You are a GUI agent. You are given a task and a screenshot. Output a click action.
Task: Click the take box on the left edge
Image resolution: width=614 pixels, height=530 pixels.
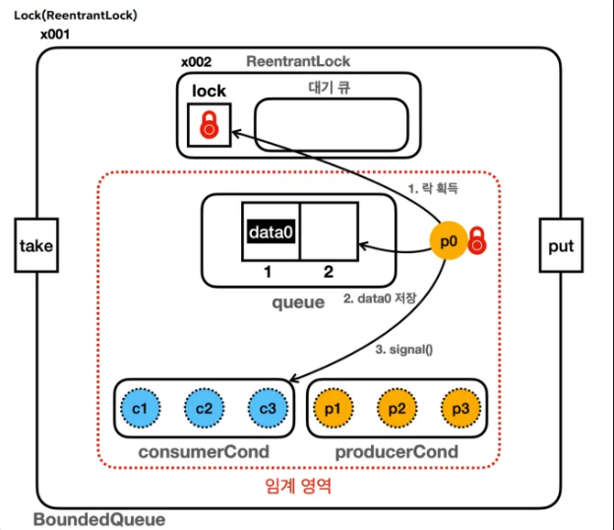(36, 245)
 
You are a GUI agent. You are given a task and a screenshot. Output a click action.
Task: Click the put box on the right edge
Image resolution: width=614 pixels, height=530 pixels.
(561, 245)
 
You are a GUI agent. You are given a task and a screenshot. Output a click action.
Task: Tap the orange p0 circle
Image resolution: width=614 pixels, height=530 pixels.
(449, 240)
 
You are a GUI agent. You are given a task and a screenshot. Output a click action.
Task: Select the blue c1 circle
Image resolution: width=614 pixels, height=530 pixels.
(140, 408)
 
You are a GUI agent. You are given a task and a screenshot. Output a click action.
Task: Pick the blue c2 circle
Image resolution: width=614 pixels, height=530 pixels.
(204, 408)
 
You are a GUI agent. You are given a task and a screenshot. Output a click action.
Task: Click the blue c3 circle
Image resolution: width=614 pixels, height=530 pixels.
(268, 408)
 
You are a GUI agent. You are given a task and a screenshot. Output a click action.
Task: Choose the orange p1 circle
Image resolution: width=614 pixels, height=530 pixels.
(334, 408)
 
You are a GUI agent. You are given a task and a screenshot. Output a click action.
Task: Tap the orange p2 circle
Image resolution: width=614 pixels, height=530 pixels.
(398, 408)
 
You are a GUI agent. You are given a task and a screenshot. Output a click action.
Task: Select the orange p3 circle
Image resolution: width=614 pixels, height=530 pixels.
(460, 408)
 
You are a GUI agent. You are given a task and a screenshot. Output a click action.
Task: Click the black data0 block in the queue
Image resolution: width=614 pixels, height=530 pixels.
(271, 232)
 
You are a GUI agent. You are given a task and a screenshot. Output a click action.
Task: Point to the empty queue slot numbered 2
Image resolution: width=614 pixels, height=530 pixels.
(329, 232)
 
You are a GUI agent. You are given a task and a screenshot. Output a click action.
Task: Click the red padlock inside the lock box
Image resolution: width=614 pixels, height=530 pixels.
(210, 125)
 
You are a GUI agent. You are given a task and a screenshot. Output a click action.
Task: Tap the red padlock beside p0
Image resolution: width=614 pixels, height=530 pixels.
(477, 240)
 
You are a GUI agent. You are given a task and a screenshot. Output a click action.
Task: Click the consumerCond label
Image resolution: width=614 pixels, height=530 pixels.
(204, 451)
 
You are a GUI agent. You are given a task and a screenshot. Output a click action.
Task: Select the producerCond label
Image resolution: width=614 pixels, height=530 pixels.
(397, 451)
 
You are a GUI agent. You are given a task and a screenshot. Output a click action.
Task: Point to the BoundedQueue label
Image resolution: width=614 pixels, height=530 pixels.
(99, 519)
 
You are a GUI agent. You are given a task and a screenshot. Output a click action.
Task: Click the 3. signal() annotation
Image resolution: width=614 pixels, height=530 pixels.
(404, 350)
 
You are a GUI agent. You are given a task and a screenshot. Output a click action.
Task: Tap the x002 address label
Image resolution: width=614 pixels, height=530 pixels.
(196, 62)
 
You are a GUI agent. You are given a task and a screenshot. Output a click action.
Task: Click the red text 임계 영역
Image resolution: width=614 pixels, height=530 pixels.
(298, 486)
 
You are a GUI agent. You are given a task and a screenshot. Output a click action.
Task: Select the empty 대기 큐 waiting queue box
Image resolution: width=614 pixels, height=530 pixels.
(332, 125)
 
